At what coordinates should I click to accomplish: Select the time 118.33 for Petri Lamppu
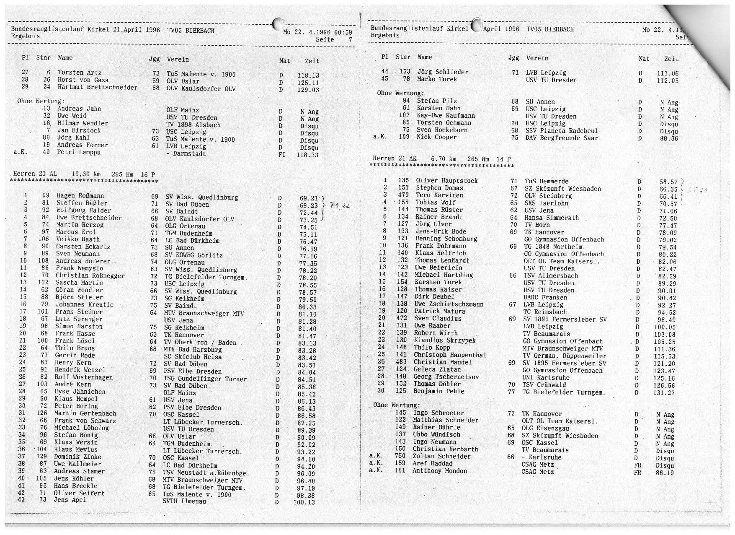pyautogui.click(x=308, y=155)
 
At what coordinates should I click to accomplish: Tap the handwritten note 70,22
pyautogui.click(x=340, y=206)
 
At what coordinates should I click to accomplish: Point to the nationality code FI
pyautogui.click(x=281, y=155)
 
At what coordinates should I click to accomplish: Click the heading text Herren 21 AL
pyautogui.click(x=35, y=174)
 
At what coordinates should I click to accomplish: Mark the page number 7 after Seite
pyautogui.click(x=351, y=40)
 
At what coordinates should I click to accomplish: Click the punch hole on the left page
pyautogui.click(x=278, y=24)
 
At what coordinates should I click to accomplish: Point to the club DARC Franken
pyautogui.click(x=545, y=298)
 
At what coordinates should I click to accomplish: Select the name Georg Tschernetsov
pyautogui.click(x=446, y=377)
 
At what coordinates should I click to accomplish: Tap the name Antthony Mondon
pyautogui.click(x=439, y=471)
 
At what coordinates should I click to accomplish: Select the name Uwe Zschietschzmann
pyautogui.click(x=449, y=304)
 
